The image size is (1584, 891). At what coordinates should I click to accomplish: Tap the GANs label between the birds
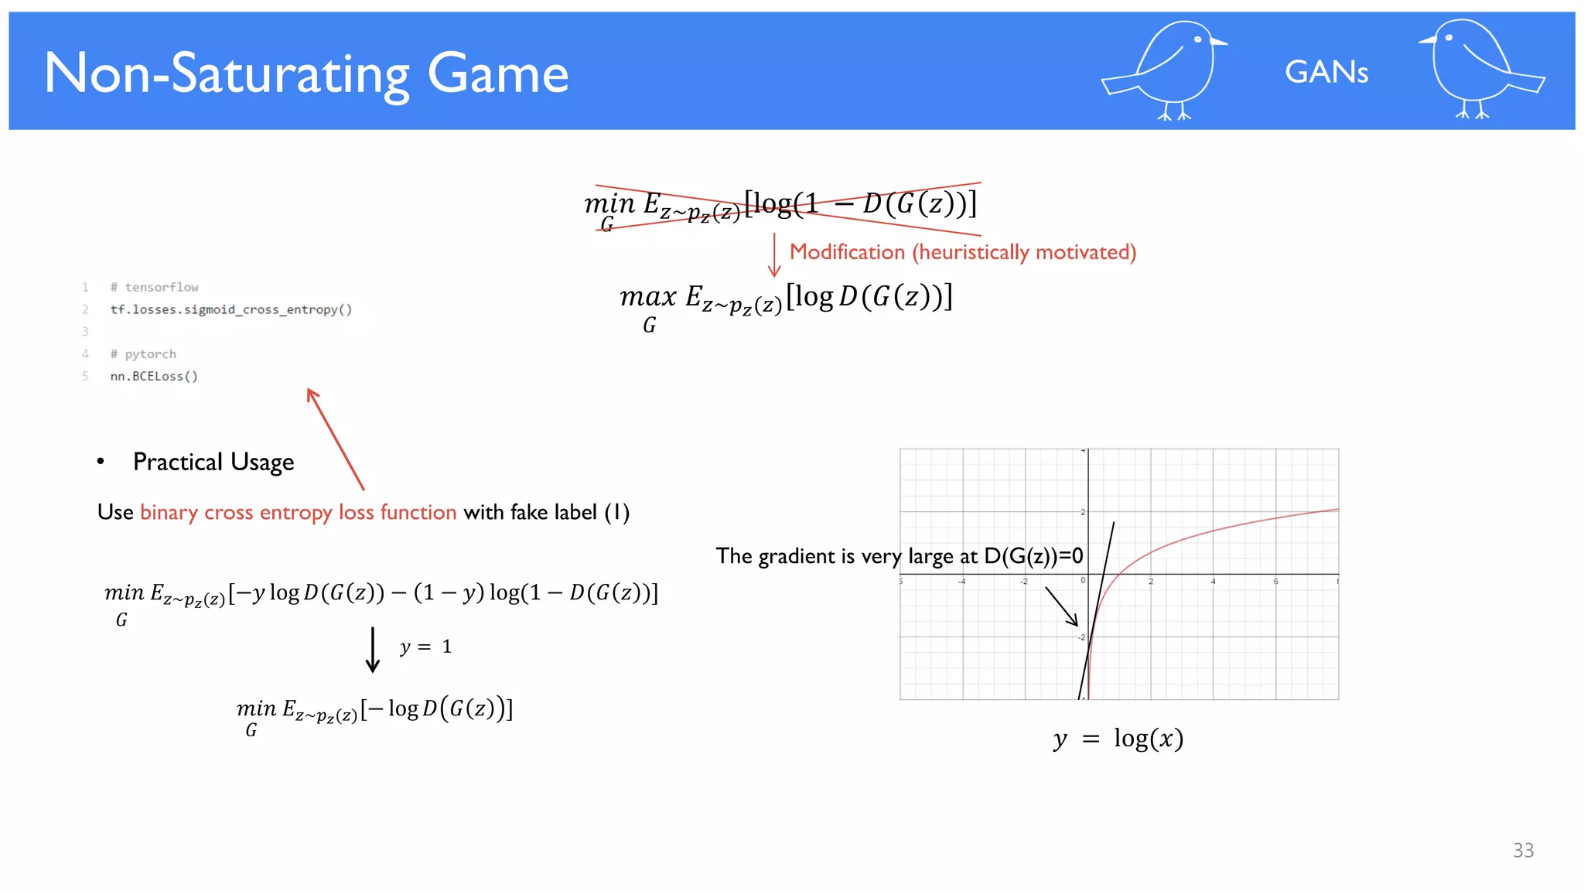(1326, 73)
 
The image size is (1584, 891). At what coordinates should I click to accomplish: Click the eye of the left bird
(1197, 39)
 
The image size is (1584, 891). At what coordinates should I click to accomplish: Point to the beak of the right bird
(1427, 40)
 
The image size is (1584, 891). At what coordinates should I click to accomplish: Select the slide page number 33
(1523, 850)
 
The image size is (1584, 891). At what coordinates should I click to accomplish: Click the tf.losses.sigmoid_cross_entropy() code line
(230, 309)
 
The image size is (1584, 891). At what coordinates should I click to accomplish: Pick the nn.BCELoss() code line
(154, 377)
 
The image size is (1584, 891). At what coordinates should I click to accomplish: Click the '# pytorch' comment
(143, 354)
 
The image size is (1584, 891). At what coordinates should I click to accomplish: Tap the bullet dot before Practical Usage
(101, 462)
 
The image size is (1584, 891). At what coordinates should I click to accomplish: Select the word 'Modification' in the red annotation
(847, 252)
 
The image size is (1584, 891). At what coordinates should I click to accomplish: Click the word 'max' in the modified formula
(648, 297)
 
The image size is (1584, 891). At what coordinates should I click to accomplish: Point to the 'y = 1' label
(425, 647)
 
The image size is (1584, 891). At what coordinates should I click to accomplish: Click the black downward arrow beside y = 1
(373, 650)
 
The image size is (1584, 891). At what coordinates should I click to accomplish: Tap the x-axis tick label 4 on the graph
(1213, 582)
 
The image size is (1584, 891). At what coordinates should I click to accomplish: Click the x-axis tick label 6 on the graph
(1275, 582)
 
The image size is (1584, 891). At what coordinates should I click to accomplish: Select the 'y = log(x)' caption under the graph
(1118, 739)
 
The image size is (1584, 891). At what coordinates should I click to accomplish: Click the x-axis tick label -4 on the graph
(961, 582)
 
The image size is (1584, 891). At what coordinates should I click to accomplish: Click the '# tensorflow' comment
(154, 288)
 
